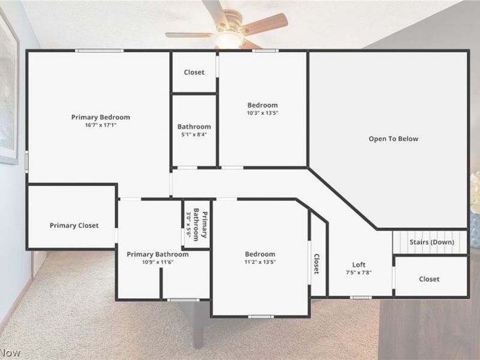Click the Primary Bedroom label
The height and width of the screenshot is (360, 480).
[x=100, y=117]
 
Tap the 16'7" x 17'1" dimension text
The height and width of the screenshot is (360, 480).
[x=100, y=125]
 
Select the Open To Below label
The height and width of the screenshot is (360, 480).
[x=393, y=139]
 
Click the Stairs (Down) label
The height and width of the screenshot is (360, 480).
[x=431, y=242]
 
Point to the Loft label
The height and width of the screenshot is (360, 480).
[x=359, y=265]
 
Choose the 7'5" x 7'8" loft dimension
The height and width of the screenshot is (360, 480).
[x=359, y=272]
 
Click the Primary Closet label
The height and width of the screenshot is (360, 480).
[x=74, y=226]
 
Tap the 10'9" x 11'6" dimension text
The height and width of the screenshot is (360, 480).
[x=157, y=262]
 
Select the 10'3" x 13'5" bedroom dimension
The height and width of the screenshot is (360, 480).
[x=263, y=113]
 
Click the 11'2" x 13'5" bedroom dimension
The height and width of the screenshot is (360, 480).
[x=260, y=262]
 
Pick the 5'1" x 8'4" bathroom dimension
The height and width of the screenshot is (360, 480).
[x=194, y=135]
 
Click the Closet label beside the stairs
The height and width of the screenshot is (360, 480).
[x=429, y=279]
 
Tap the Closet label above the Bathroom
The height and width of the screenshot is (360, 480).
[x=194, y=72]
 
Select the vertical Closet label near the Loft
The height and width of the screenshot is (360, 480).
[x=316, y=265]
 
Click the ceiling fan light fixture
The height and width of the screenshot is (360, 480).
[x=228, y=38]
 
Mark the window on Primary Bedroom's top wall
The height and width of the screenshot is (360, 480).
[x=99, y=50]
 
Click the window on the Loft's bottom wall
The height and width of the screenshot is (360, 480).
[x=361, y=297]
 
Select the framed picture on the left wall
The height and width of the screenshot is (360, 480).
[x=8, y=90]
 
